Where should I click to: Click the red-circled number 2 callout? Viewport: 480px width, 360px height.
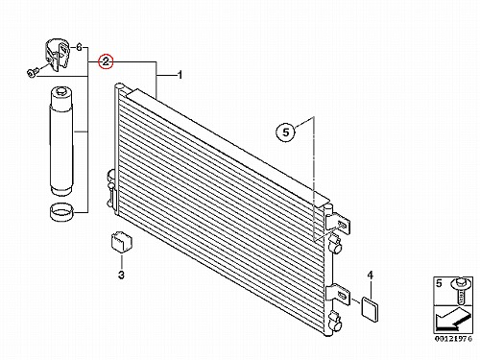point(106,61)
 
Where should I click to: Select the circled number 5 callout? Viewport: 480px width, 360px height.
point(286,132)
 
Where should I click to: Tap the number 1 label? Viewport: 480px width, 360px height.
point(180,75)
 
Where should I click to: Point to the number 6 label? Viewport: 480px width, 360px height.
point(79,48)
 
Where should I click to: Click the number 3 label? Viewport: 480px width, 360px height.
point(121,275)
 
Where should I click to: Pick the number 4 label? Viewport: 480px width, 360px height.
point(370,275)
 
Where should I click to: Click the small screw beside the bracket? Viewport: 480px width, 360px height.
point(33,72)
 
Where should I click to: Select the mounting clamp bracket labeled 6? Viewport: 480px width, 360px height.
point(57,55)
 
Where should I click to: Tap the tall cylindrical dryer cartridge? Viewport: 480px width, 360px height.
point(60,141)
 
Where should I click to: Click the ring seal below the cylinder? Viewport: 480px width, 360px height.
point(61,211)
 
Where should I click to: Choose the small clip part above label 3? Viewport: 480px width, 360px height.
point(121,241)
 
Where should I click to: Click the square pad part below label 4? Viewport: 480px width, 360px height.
point(370,309)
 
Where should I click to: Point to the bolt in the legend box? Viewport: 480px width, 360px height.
point(460,291)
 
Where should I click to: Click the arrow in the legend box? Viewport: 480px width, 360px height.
point(453,319)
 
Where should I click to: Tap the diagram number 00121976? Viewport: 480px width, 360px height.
point(453,339)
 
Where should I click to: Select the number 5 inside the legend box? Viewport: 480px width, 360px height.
point(439,283)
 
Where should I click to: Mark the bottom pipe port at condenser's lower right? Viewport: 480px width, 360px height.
point(336,321)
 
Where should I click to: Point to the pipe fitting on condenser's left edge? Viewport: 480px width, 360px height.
point(112,188)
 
